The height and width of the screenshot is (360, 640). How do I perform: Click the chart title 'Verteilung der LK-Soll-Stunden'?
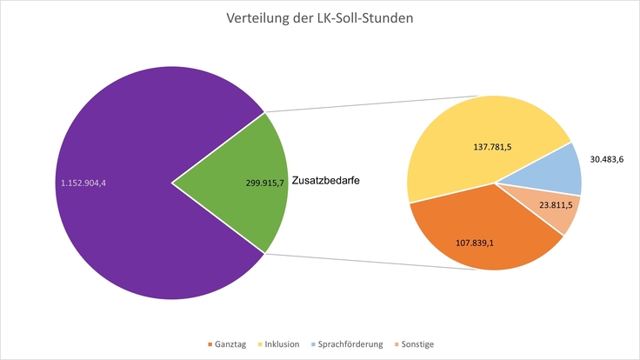pos(320,18)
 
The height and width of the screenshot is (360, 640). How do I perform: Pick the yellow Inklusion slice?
pos(470,130)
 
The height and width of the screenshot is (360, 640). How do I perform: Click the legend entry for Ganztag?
pos(228,344)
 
